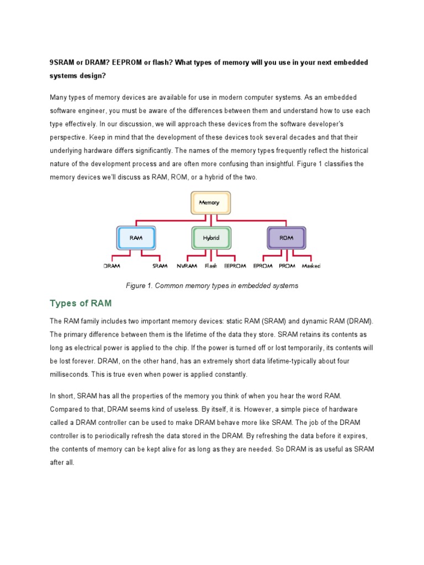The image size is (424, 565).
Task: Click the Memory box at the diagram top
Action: click(x=210, y=202)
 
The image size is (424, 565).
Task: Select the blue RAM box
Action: click(x=136, y=238)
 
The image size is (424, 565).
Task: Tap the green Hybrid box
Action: click(x=210, y=238)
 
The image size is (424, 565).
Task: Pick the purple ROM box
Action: click(x=286, y=238)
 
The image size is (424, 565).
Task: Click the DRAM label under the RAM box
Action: click(x=112, y=266)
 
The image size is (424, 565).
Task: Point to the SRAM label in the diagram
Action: click(x=160, y=266)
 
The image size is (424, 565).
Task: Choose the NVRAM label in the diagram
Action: click(x=187, y=266)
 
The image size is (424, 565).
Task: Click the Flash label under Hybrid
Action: click(x=211, y=266)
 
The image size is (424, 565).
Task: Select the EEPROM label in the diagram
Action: click(x=235, y=266)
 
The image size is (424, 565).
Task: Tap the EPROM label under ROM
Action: click(x=262, y=266)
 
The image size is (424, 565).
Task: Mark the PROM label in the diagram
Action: click(x=287, y=266)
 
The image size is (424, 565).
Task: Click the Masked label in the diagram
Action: click(x=311, y=266)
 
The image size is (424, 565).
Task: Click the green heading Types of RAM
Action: click(x=81, y=303)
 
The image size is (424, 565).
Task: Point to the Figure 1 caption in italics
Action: click(x=212, y=285)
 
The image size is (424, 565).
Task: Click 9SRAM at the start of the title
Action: click(x=63, y=62)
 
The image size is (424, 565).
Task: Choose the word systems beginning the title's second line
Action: click(x=63, y=76)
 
